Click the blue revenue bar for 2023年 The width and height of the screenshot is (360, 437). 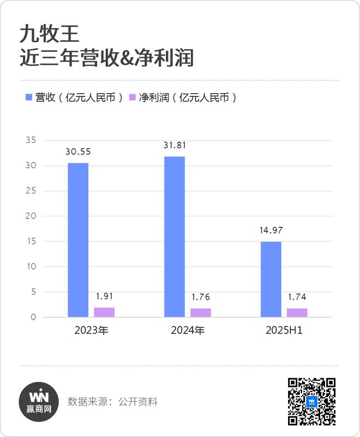(x=78, y=240)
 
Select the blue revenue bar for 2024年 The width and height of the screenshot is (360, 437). (x=175, y=236)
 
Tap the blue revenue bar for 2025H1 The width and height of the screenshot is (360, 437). (x=271, y=279)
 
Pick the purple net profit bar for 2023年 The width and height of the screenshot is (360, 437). (x=104, y=312)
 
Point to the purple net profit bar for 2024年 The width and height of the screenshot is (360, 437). (x=201, y=313)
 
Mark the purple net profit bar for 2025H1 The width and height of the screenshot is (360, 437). (x=297, y=313)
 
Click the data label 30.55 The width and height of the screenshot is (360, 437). (x=78, y=153)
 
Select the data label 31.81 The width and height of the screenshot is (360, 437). (x=175, y=145)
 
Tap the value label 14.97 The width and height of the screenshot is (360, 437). (x=271, y=231)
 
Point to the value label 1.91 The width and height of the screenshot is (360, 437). (x=104, y=297)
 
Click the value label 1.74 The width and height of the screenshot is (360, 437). (x=297, y=298)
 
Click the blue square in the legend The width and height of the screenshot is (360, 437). (x=29, y=98)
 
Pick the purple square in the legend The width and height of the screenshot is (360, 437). (x=132, y=98)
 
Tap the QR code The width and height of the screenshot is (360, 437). (x=311, y=402)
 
